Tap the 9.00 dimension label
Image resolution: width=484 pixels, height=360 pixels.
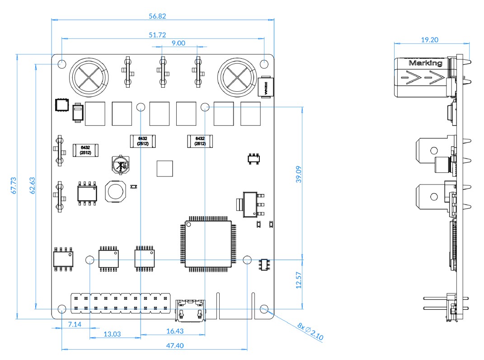[178, 43]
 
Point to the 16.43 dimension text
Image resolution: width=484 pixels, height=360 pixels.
[175, 332]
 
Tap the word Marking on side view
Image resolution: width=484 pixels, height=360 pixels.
[425, 63]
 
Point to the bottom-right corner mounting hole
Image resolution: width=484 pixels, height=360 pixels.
[264, 309]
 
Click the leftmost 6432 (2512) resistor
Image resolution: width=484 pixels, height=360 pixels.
[85, 150]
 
